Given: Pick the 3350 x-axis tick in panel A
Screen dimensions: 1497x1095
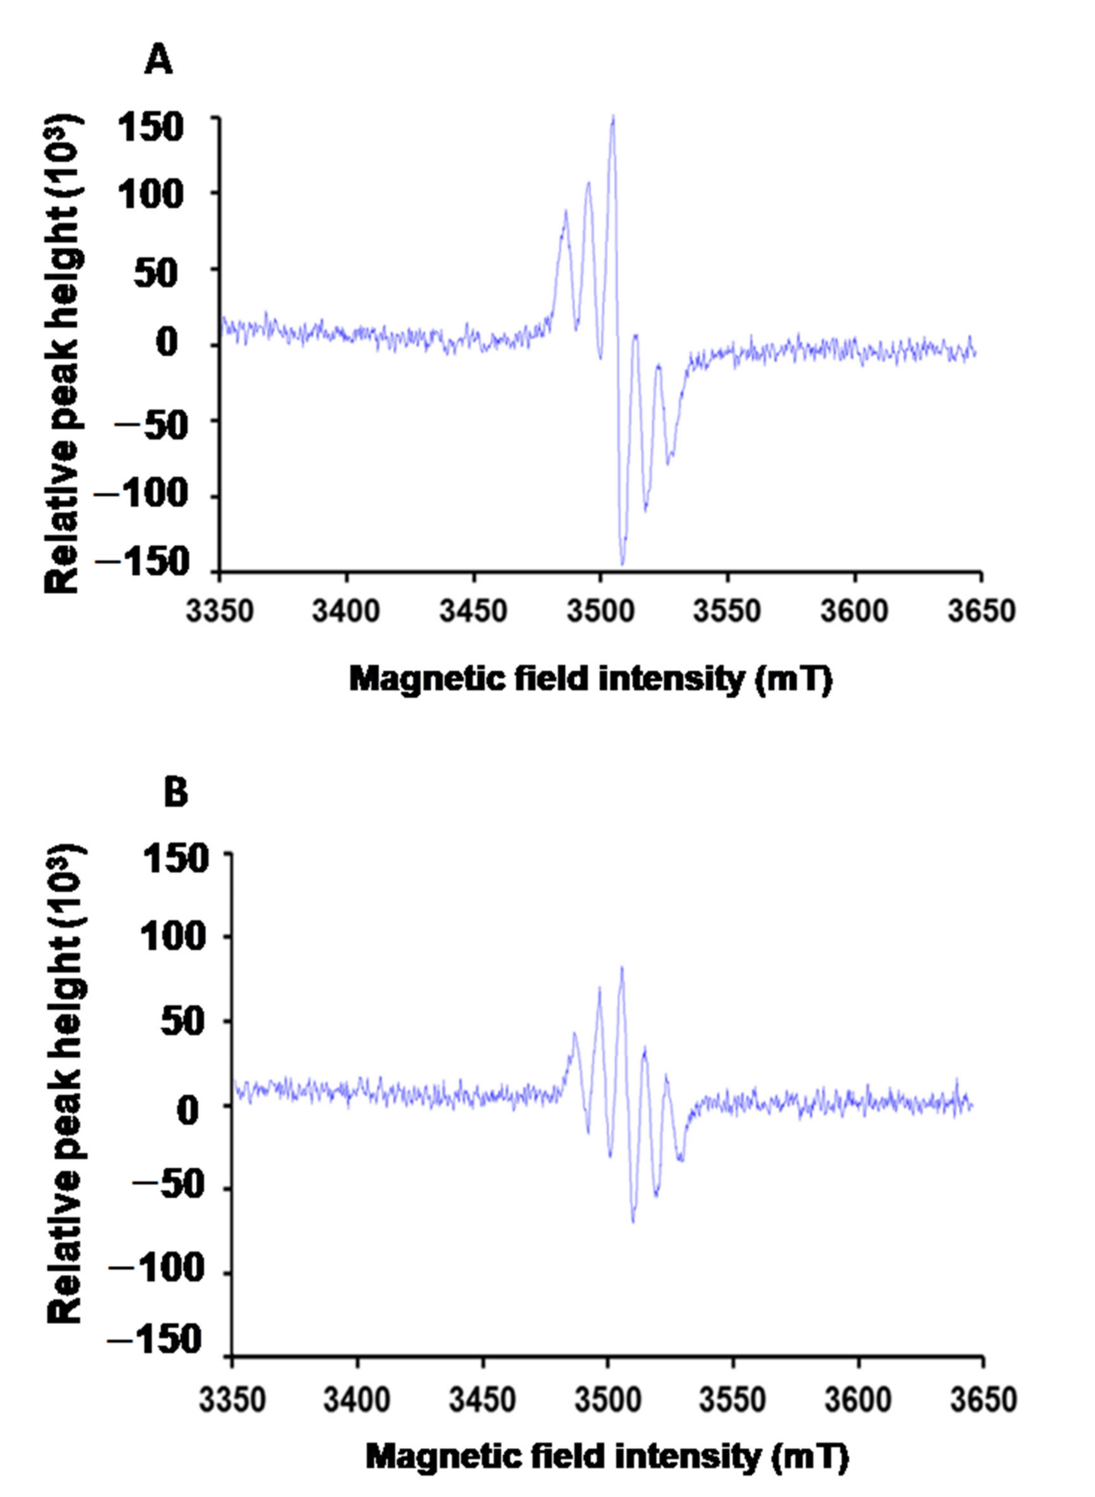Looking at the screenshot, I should click(219, 610).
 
